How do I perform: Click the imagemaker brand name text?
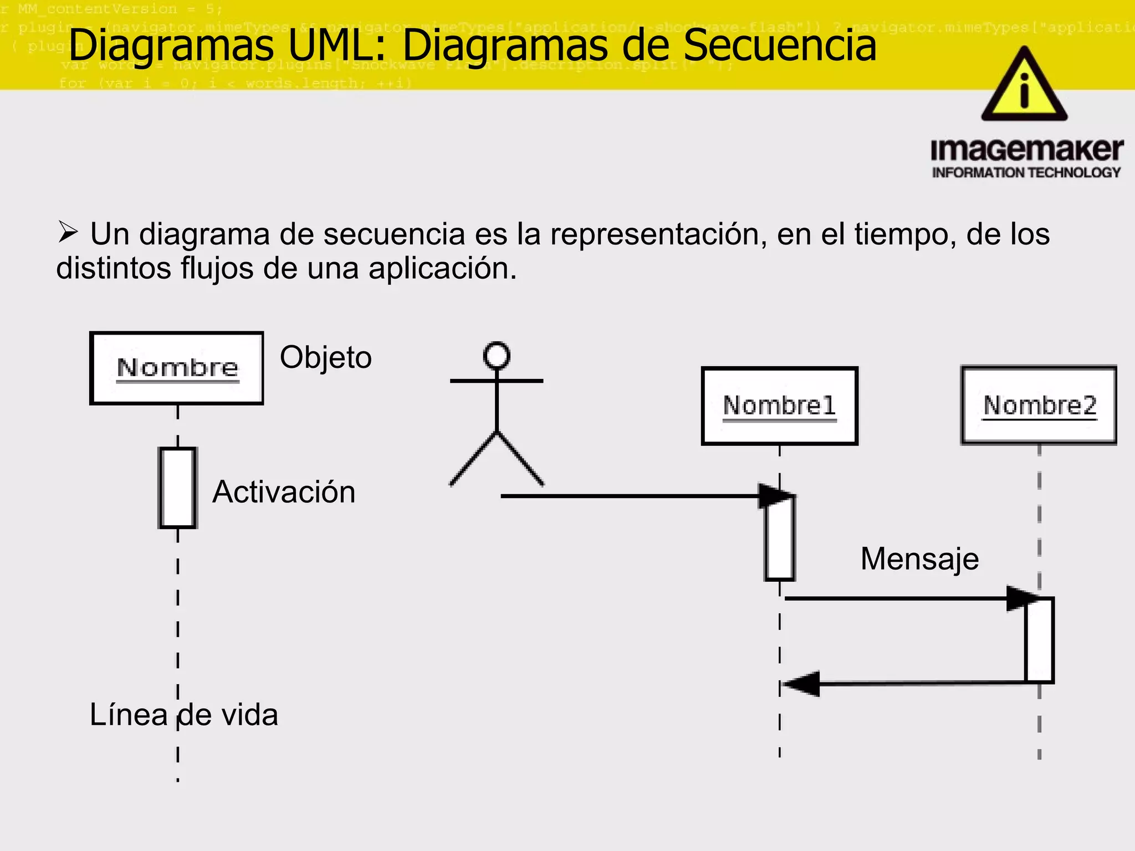pos(1026,150)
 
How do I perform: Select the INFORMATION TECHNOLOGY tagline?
pos(1026,173)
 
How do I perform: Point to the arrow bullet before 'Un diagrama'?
pos(68,233)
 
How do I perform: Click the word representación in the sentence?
pos(658,234)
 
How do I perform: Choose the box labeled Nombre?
pos(176,368)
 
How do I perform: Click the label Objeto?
pos(325,357)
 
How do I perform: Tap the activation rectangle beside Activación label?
pos(177,488)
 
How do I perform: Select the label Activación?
pos(284,492)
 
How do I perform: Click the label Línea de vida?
pos(183,715)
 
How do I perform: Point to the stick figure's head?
pos(497,355)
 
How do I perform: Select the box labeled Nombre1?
pos(779,406)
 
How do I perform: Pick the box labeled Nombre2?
pos(1039,405)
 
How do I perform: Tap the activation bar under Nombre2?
pos(1039,640)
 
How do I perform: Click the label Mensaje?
pos(919,558)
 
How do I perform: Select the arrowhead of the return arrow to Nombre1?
pos(802,684)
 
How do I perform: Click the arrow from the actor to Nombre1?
pos(626,496)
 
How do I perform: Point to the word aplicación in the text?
pos(442,269)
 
